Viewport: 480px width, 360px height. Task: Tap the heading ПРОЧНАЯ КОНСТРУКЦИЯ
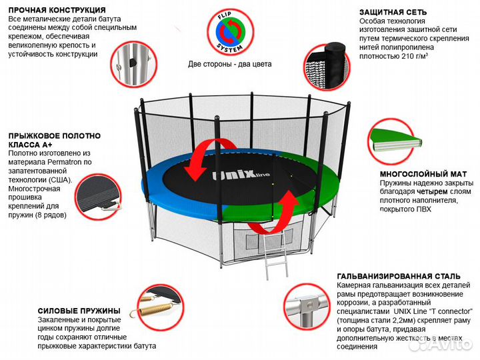click(57, 11)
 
